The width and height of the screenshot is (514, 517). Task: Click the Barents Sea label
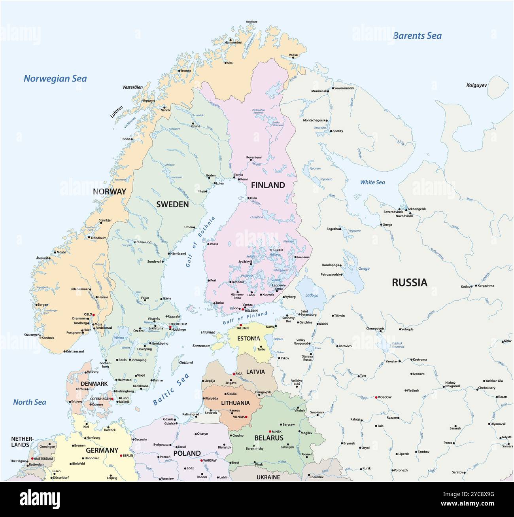(x=417, y=36)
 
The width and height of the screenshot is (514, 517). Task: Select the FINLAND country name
(x=268, y=185)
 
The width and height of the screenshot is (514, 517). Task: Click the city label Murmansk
(x=319, y=91)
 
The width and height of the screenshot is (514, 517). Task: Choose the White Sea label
(x=372, y=182)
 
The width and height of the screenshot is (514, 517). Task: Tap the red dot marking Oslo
(x=94, y=314)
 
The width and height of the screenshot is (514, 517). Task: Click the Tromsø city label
(x=186, y=71)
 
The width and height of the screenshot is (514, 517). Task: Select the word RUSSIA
(x=409, y=282)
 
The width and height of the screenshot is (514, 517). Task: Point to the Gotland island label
(x=186, y=362)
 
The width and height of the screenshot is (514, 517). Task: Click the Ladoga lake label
(x=311, y=295)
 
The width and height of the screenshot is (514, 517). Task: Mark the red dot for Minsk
(x=270, y=431)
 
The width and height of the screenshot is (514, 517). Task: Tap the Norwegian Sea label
(x=55, y=79)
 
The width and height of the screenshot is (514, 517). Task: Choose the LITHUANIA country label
(x=235, y=403)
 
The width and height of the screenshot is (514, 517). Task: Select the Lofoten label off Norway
(x=117, y=112)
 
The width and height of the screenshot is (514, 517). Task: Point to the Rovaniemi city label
(x=254, y=157)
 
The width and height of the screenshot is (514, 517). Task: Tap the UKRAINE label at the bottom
(x=268, y=477)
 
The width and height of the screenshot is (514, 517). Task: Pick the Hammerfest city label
(x=233, y=42)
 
